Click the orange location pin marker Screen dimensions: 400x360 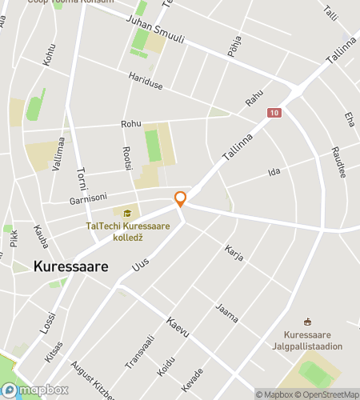pyautogui.click(x=181, y=199)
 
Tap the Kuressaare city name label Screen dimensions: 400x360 pyautogui.click(x=71, y=268)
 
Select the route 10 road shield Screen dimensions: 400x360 pyautogui.click(x=275, y=114)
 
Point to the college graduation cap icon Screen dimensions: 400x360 pyautogui.click(x=128, y=213)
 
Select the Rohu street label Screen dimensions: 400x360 pyautogui.click(x=130, y=124)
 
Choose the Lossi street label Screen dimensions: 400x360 pyautogui.click(x=50, y=322)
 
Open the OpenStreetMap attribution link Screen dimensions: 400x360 pyautogui.click(x=329, y=394)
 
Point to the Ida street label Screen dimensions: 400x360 pyautogui.click(x=274, y=172)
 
